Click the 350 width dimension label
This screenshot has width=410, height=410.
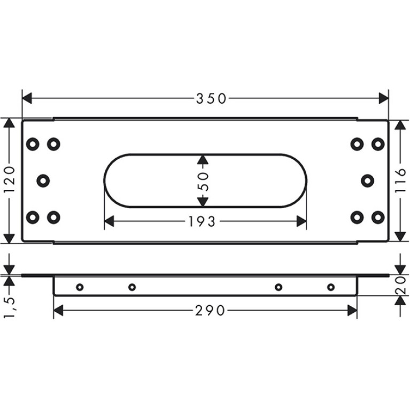211,98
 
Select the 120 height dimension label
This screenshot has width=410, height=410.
10,180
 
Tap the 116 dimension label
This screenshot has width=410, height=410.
400,181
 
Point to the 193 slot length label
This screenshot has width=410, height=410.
202,222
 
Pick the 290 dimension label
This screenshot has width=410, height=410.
210,311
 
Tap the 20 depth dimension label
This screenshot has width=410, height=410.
400,285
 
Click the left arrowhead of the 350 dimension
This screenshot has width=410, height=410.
27,98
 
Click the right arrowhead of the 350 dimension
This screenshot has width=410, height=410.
384,98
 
